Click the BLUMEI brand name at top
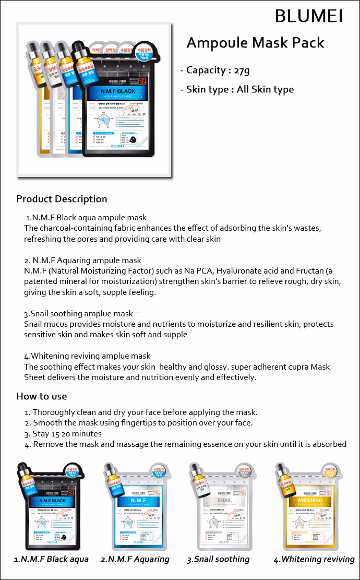308,16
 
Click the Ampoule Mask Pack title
255,42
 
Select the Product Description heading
62,199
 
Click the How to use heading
41,396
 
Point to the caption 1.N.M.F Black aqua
51,559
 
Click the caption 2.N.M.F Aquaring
135,559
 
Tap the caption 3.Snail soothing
218,559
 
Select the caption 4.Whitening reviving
314,559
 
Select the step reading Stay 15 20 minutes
67,434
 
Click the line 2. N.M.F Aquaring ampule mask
82,260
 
